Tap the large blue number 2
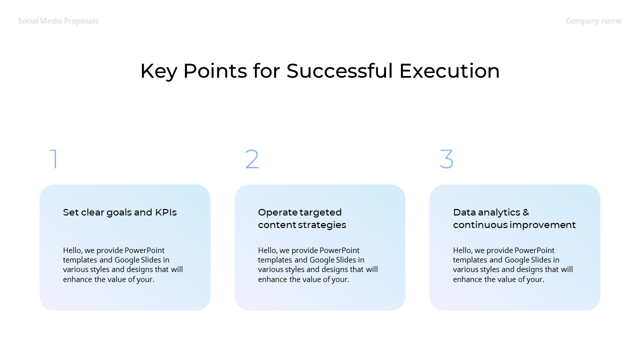click(252, 159)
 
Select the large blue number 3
click(446, 159)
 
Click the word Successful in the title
click(339, 71)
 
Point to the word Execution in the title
click(449, 71)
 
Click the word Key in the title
click(158, 71)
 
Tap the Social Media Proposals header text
click(58, 21)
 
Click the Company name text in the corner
click(593, 21)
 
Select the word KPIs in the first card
click(166, 212)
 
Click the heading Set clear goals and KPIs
click(119, 212)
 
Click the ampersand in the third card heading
click(525, 212)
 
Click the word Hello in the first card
click(73, 250)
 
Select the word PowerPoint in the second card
click(339, 250)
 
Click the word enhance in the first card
click(77, 279)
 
